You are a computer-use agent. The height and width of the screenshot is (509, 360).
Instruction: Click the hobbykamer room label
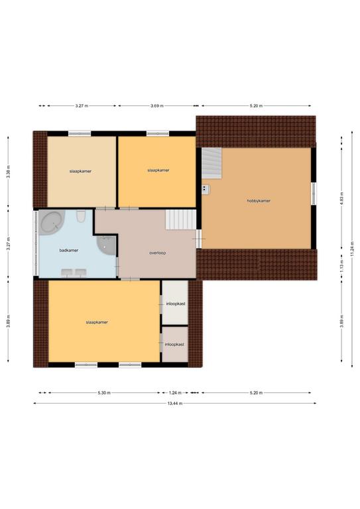pos(259,201)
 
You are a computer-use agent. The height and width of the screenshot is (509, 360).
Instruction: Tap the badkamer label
pos(69,251)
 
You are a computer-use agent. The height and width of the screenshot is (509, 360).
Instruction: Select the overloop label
pos(157,253)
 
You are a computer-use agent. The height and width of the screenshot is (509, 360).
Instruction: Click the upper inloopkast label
pos(176,304)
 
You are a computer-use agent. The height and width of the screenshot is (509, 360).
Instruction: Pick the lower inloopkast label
pos(174,345)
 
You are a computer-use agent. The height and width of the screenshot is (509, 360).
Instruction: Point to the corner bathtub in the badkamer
pos(52,223)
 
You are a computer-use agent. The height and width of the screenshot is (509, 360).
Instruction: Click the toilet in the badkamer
pos(81,217)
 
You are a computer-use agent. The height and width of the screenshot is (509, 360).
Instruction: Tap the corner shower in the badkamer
pos(106,245)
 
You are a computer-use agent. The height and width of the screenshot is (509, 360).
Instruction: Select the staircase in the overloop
pos(181,219)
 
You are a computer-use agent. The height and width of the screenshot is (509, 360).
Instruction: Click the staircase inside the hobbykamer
pos(211,163)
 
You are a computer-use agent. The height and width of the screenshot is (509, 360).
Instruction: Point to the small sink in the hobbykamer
pos(206,190)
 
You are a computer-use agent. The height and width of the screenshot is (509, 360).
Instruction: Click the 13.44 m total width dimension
pos(174,404)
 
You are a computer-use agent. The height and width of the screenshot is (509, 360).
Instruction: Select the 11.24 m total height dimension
pos(352,249)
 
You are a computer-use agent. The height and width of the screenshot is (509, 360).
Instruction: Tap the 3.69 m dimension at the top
pos(156,106)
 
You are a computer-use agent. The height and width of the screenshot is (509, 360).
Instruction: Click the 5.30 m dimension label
pos(104,393)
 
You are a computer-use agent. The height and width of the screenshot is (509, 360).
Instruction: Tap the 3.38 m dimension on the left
pos(9,172)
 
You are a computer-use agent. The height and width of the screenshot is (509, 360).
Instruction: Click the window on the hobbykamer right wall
pos(314,194)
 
